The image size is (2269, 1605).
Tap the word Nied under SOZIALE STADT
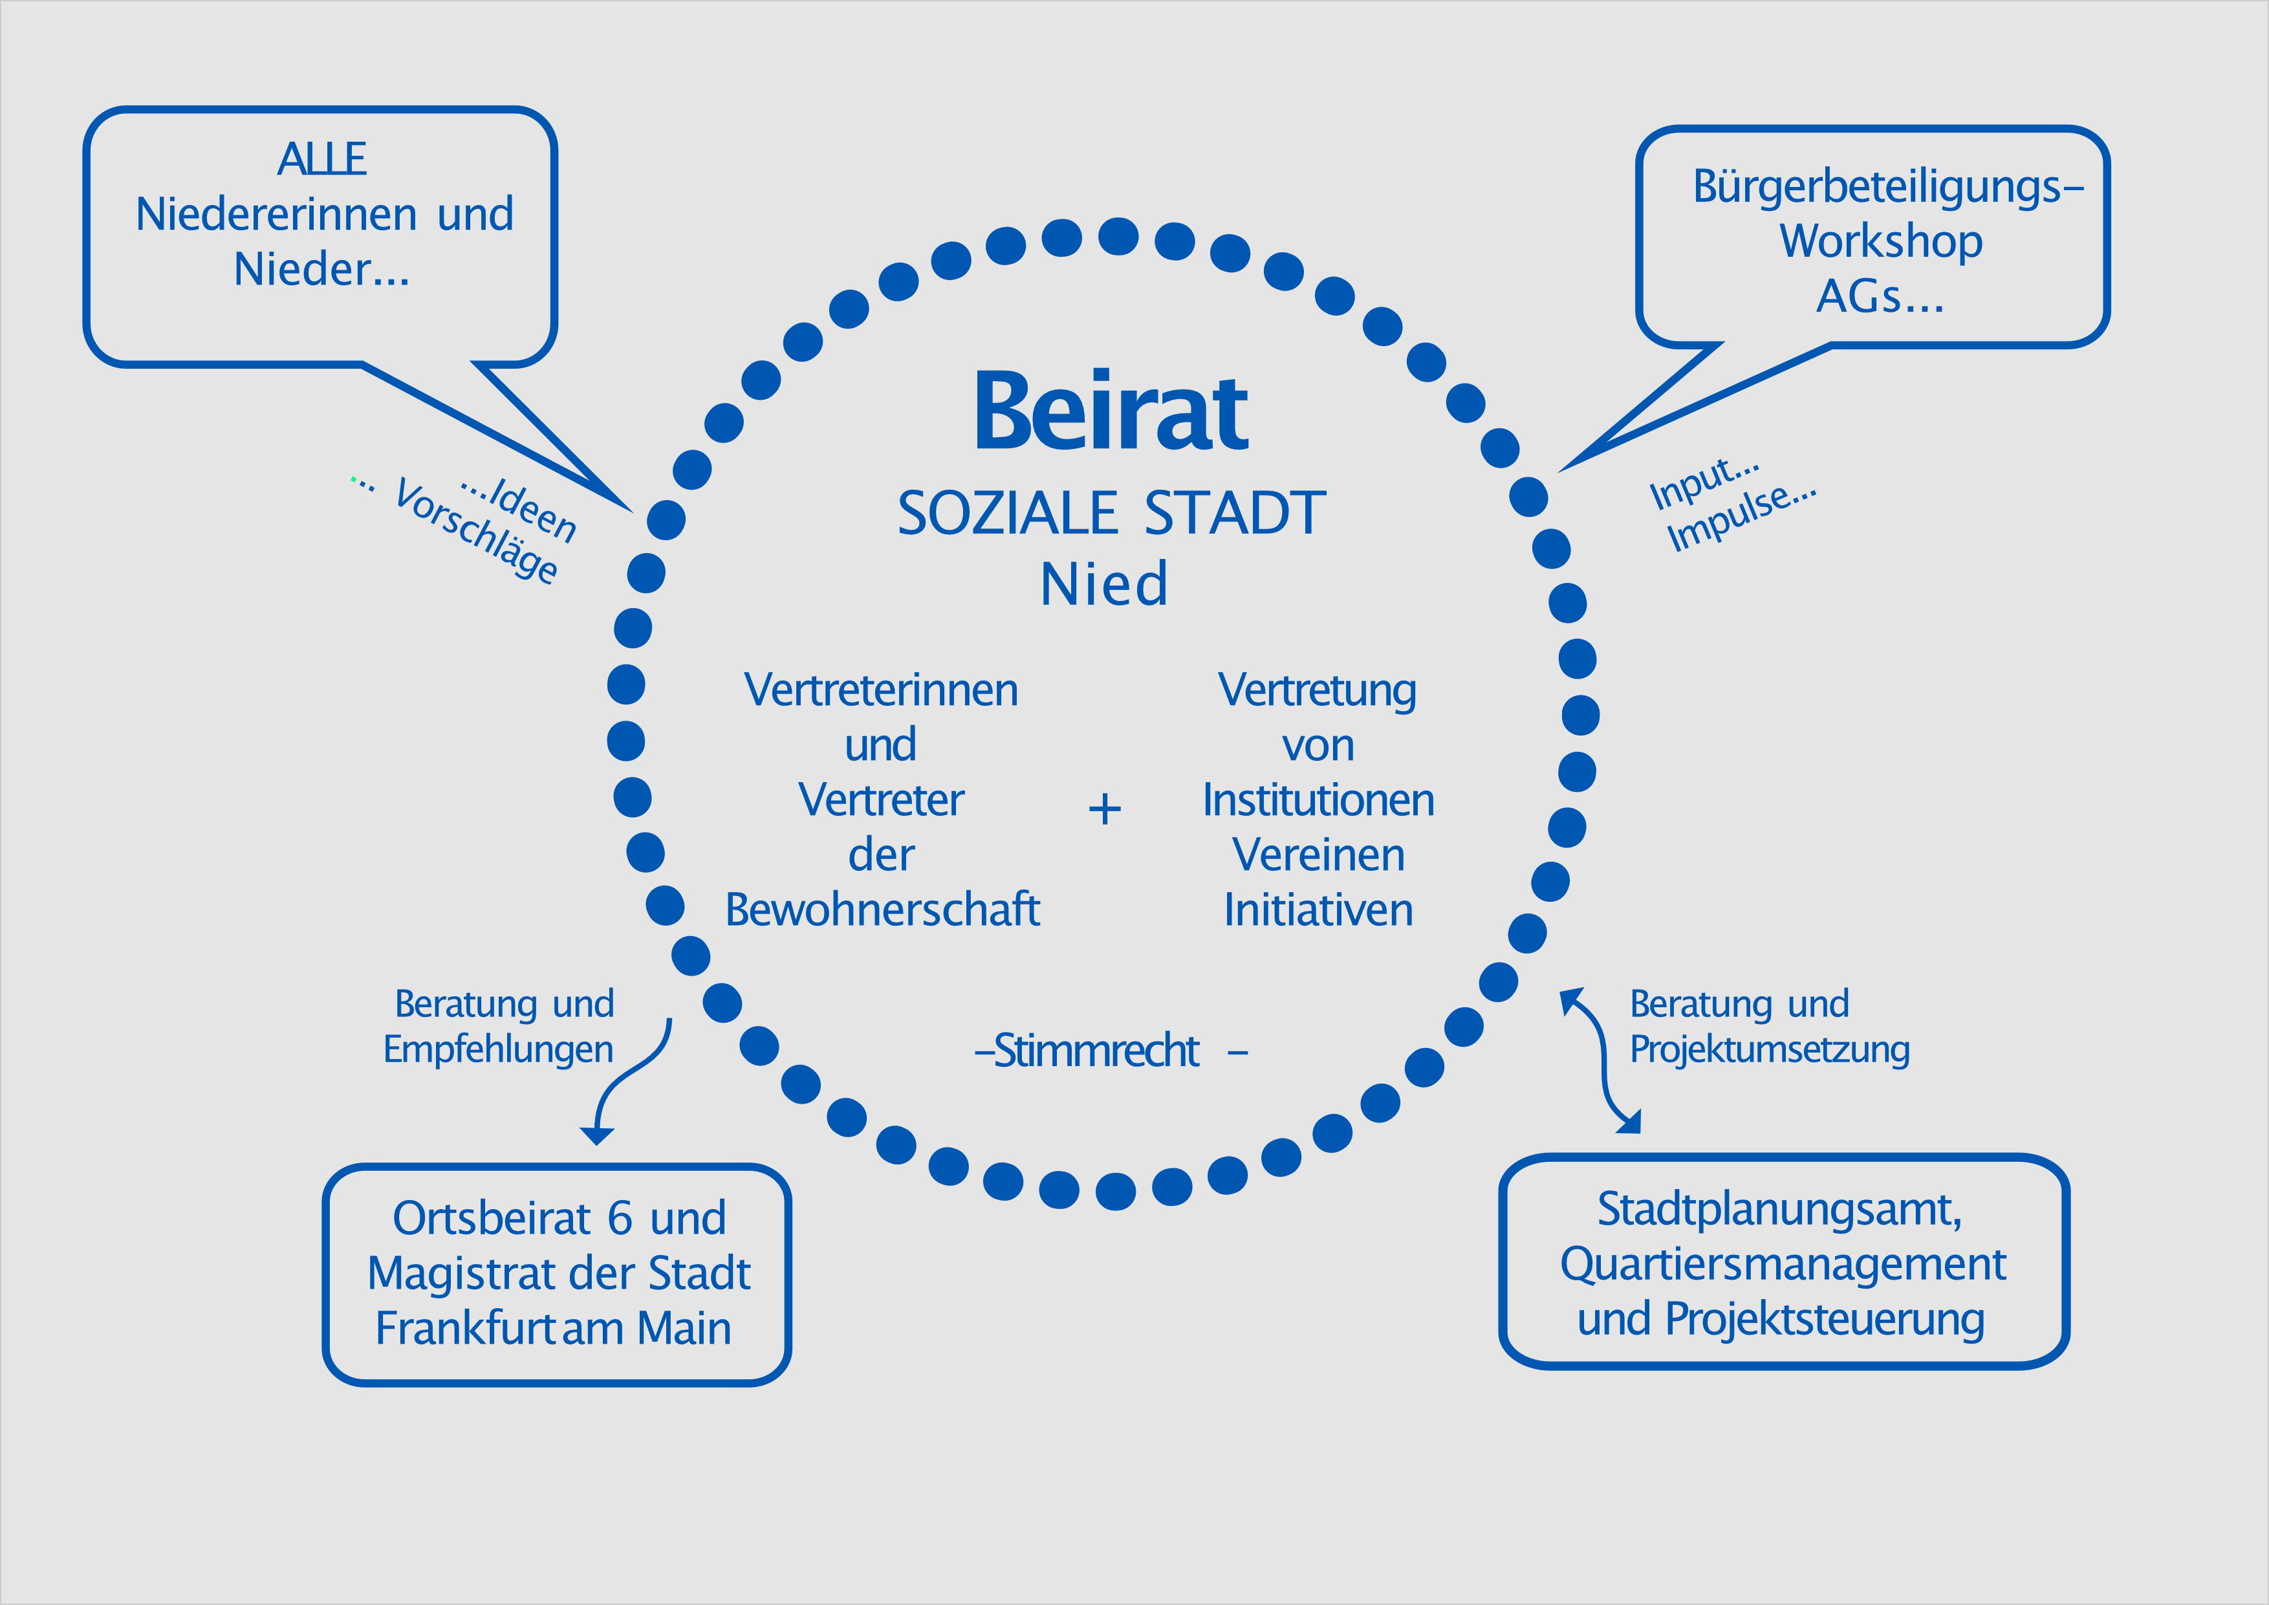point(1104,584)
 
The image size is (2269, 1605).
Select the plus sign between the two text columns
point(1104,809)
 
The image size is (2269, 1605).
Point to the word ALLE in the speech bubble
point(322,159)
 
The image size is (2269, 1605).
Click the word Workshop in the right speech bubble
point(1881,241)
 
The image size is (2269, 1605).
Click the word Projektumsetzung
point(1769,1049)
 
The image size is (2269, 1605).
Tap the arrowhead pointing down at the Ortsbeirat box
point(597,1135)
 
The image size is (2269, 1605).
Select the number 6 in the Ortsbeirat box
point(620,1219)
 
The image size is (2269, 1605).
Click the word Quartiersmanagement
point(1783,1264)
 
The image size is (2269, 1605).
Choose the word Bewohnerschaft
point(882,910)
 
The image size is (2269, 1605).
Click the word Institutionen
point(1318,800)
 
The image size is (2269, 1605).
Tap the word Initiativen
point(1318,910)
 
